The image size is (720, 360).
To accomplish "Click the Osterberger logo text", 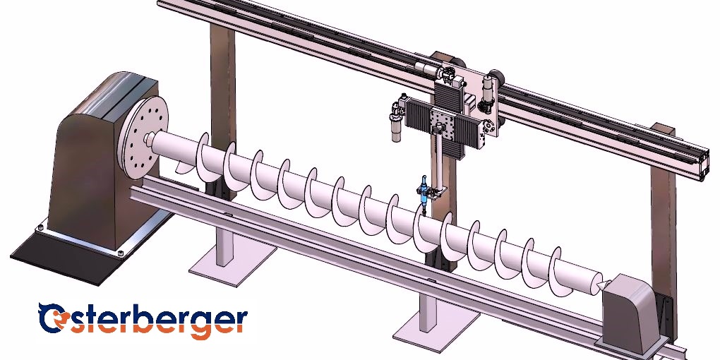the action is pos(143,320).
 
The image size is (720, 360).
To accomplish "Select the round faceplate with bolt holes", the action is pos(143,138).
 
